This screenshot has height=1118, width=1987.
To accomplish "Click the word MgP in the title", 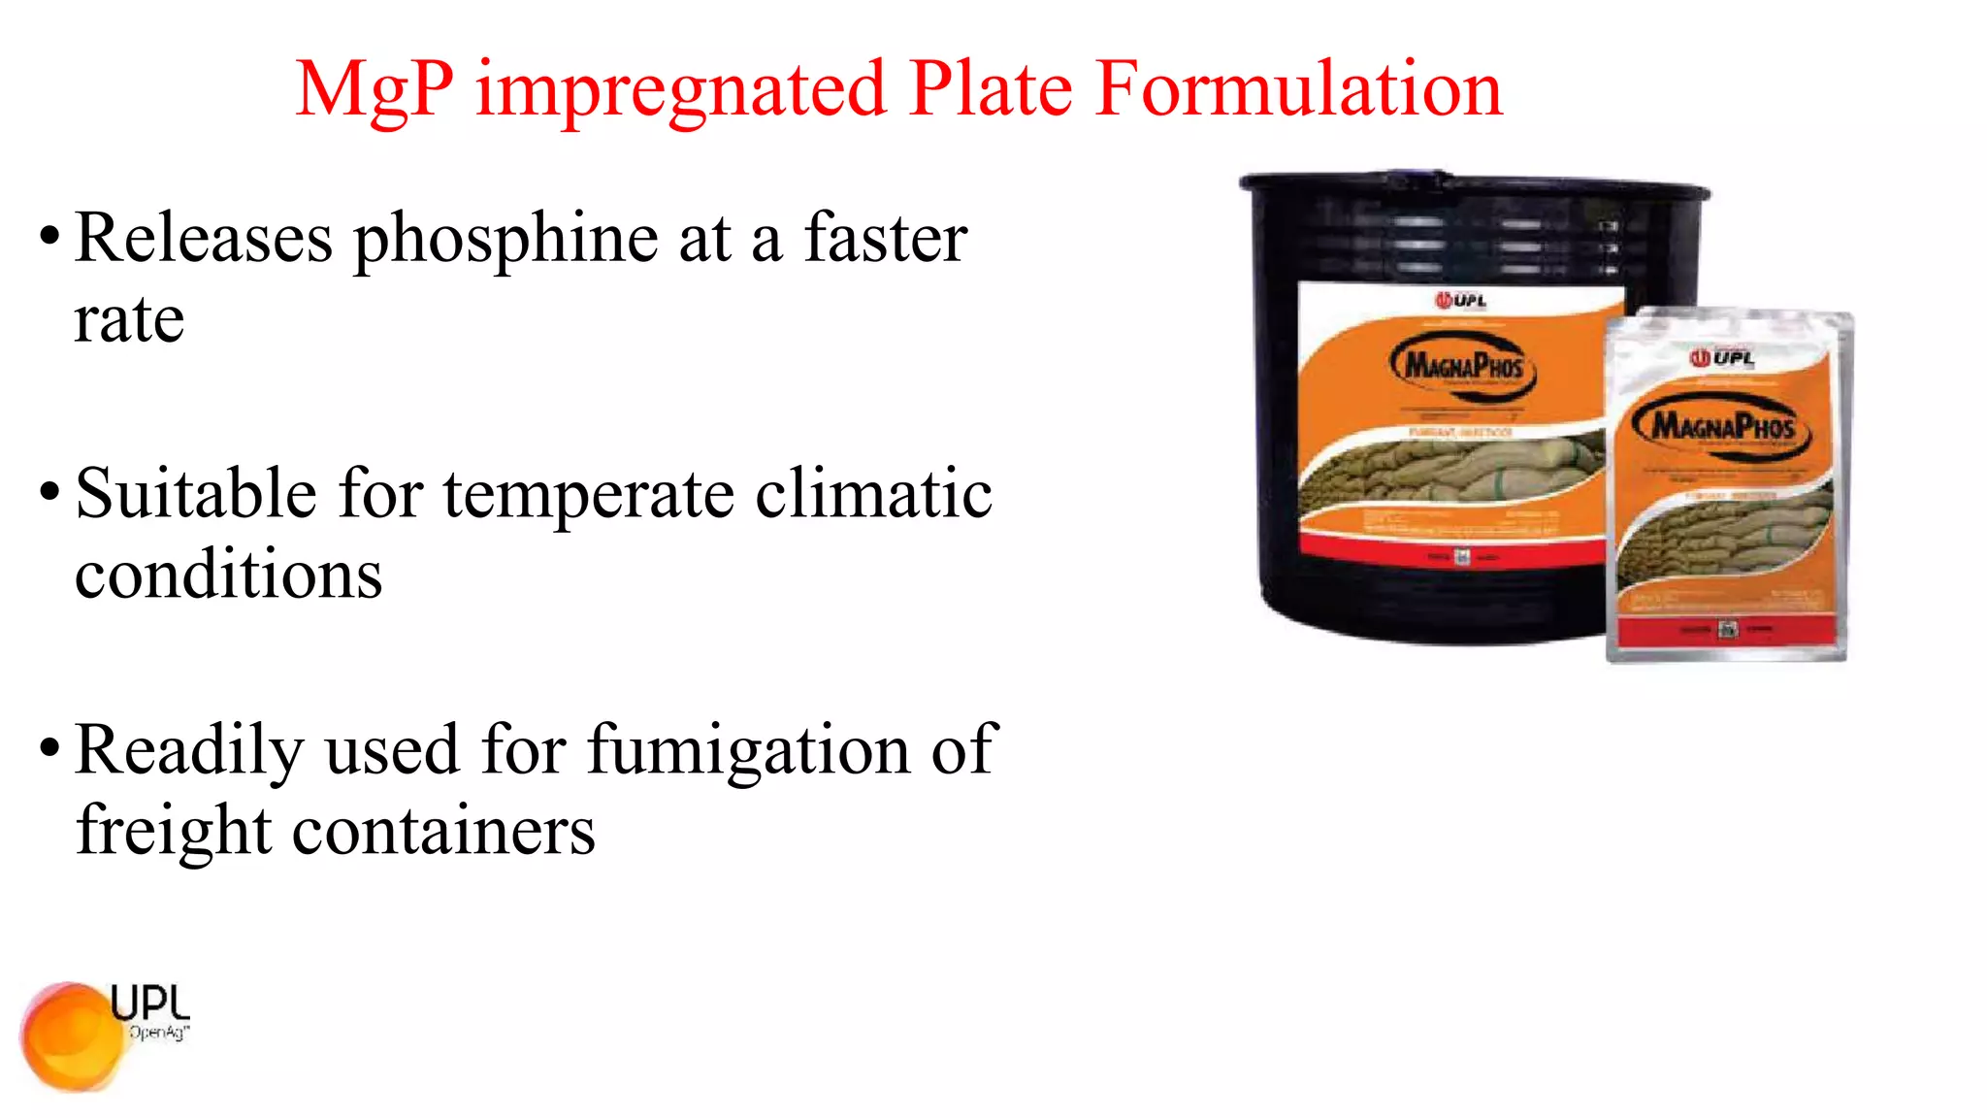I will point(375,90).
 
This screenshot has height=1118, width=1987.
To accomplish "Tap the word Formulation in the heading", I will point(1299,89).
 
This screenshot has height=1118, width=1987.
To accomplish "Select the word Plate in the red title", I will point(992,89).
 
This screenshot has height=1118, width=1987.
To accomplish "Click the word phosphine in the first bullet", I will point(505,240).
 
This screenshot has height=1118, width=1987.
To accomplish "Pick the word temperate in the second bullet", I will point(589,494).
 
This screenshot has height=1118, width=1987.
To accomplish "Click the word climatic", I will point(873,494).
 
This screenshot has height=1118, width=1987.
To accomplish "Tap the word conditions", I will point(229,575).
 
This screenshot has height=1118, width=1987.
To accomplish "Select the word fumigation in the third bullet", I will point(750,750).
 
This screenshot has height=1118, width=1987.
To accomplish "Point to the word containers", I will point(443,832).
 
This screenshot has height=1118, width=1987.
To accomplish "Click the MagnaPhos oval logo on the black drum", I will point(1463,366).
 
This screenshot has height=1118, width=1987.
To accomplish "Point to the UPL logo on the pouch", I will point(1722,358).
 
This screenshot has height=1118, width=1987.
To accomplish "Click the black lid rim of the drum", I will point(1474,184).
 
